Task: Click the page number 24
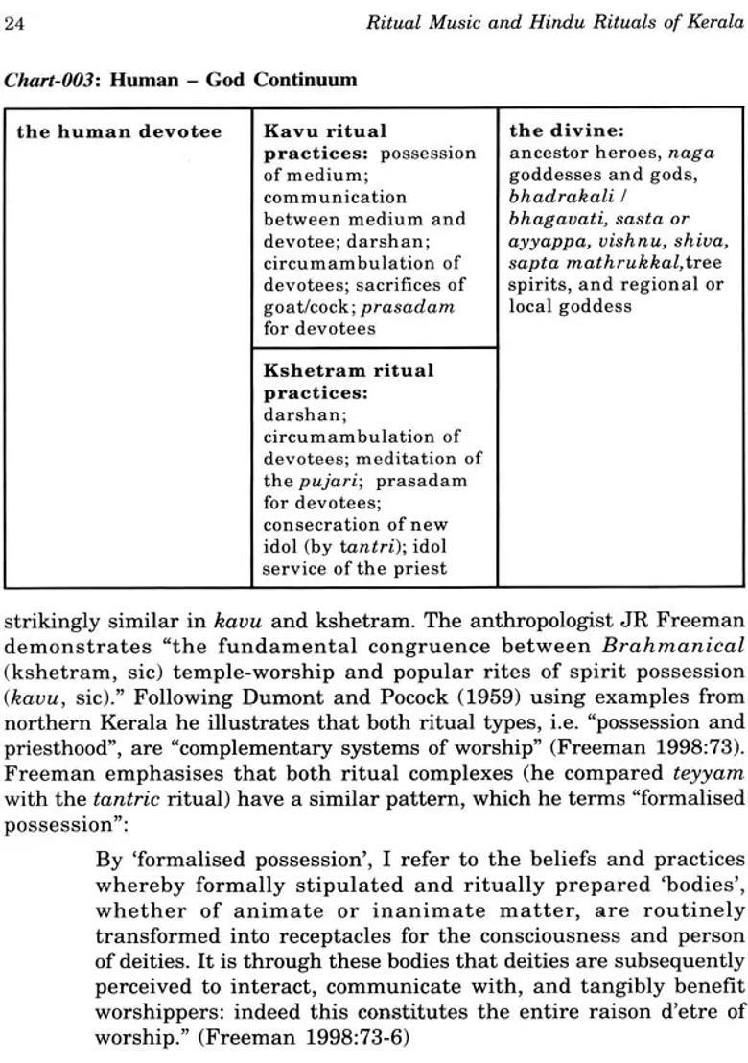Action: pyautogui.click(x=14, y=24)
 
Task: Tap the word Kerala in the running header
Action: pyautogui.click(x=715, y=24)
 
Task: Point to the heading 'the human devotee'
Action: pyautogui.click(x=119, y=131)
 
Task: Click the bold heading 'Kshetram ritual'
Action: pyautogui.click(x=348, y=370)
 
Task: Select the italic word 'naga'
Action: pyautogui.click(x=691, y=154)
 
